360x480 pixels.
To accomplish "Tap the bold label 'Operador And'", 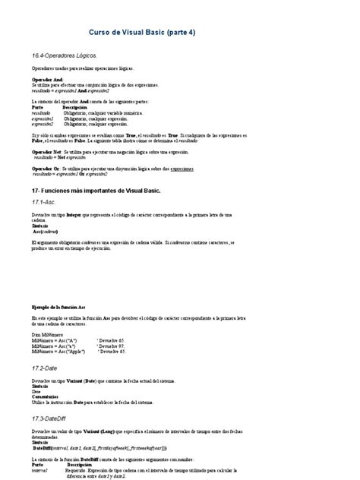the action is pyautogui.click(x=47, y=79).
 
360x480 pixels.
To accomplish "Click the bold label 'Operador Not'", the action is pyautogui.click(x=47, y=152).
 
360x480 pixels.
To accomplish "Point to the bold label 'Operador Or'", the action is pyautogui.click(x=46, y=169).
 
